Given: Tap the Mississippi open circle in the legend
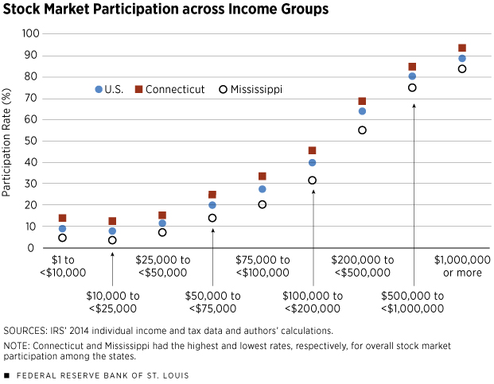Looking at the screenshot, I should pos(224,89).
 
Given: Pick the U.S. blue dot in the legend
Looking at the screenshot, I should pos(99,89).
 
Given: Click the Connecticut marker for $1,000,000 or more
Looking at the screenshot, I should pos(462,48).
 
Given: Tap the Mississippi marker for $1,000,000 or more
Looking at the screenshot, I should pos(462,68).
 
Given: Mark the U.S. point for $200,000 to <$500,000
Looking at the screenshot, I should pos(362,111).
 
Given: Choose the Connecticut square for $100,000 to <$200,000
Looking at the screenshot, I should pos(312,150).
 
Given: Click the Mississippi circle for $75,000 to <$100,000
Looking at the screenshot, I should pos(262,204).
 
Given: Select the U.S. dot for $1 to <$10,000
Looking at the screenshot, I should pos(62,229).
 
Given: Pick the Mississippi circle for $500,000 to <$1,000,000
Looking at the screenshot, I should pos(412,87).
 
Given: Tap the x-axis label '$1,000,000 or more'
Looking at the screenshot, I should pos(462,266).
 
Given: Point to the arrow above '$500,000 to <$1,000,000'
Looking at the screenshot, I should pos(412,175).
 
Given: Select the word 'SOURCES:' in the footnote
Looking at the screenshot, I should pos(27,329).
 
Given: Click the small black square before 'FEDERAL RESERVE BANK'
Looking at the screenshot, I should pos(6,374).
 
